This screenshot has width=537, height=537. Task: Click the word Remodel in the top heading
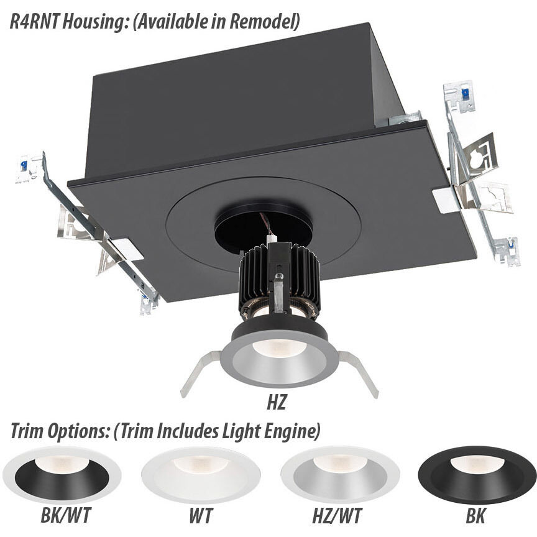tap(263, 23)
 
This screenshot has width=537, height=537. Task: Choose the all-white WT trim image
tap(200, 475)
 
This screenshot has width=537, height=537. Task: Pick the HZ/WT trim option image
tap(339, 475)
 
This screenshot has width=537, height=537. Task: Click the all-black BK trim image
tap(477, 475)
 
